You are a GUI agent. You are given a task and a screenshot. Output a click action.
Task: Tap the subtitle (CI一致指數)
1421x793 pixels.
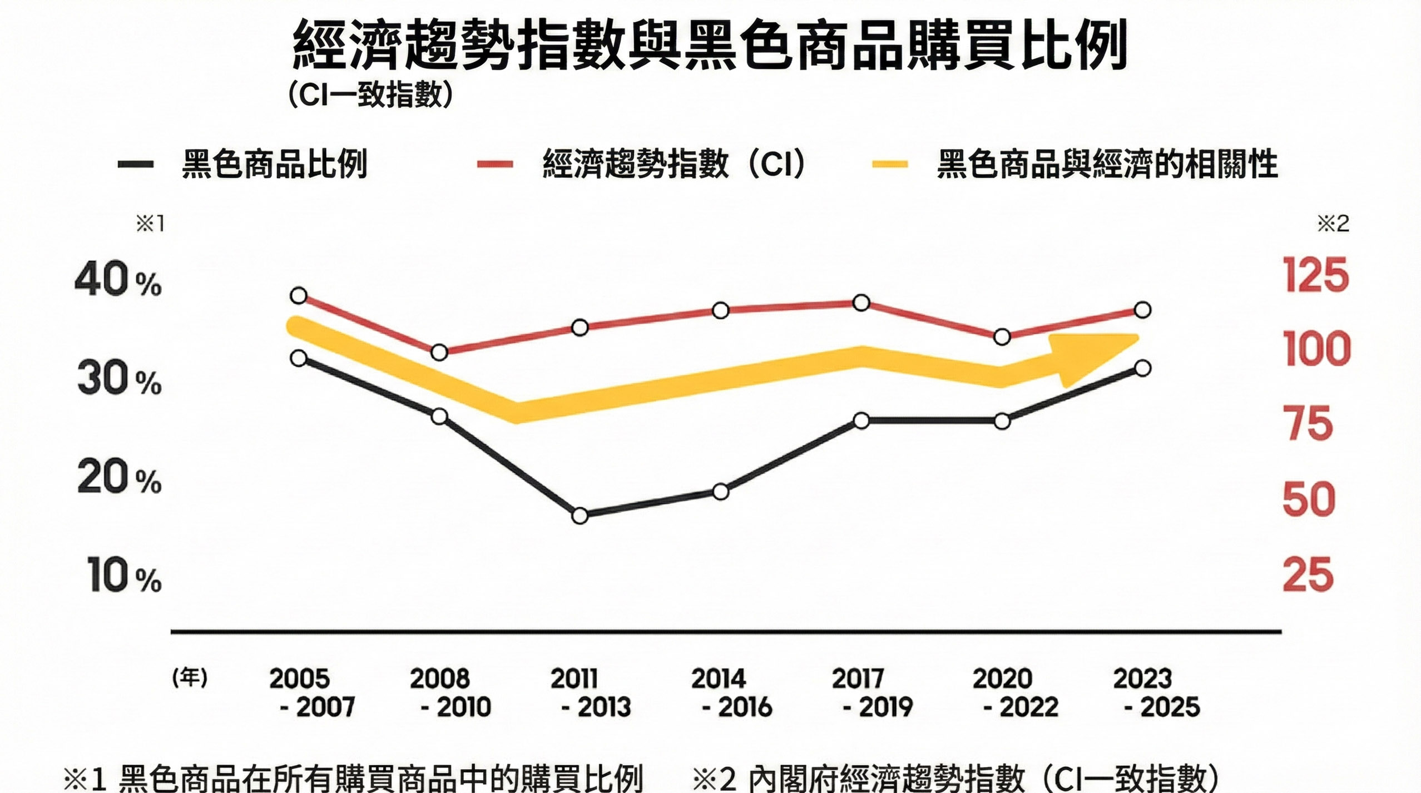[370, 95]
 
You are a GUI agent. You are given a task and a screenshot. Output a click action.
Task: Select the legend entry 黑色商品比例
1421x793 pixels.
[274, 164]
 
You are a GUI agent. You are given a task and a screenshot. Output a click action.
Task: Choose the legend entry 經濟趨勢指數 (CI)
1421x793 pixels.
[673, 164]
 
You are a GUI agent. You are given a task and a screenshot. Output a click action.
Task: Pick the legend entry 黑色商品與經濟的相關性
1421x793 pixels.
[1107, 164]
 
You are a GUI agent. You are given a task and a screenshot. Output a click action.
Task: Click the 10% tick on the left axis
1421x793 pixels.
[123, 576]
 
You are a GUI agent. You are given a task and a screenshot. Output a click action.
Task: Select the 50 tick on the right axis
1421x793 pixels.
[1308, 499]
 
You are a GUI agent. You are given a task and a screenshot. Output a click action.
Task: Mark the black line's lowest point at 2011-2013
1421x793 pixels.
[580, 516]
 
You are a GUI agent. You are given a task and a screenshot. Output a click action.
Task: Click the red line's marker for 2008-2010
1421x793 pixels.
[439, 352]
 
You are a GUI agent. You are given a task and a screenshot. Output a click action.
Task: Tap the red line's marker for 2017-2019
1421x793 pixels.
[861, 303]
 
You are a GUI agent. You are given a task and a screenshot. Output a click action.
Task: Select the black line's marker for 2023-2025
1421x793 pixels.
[1142, 368]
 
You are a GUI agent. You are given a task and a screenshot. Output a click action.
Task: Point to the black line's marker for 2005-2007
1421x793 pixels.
[299, 358]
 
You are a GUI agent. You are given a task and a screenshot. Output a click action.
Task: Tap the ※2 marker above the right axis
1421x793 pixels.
[1333, 224]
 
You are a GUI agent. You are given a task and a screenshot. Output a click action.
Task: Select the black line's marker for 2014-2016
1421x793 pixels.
[720, 492]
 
